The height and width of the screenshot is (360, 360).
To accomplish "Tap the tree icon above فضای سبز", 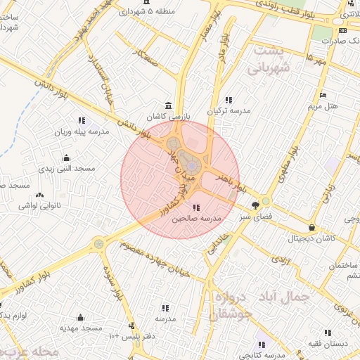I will coord(255,205).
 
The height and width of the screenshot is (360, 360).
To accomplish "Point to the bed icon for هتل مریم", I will coord(323,95).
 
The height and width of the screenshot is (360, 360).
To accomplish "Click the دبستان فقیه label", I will coord(326,344).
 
